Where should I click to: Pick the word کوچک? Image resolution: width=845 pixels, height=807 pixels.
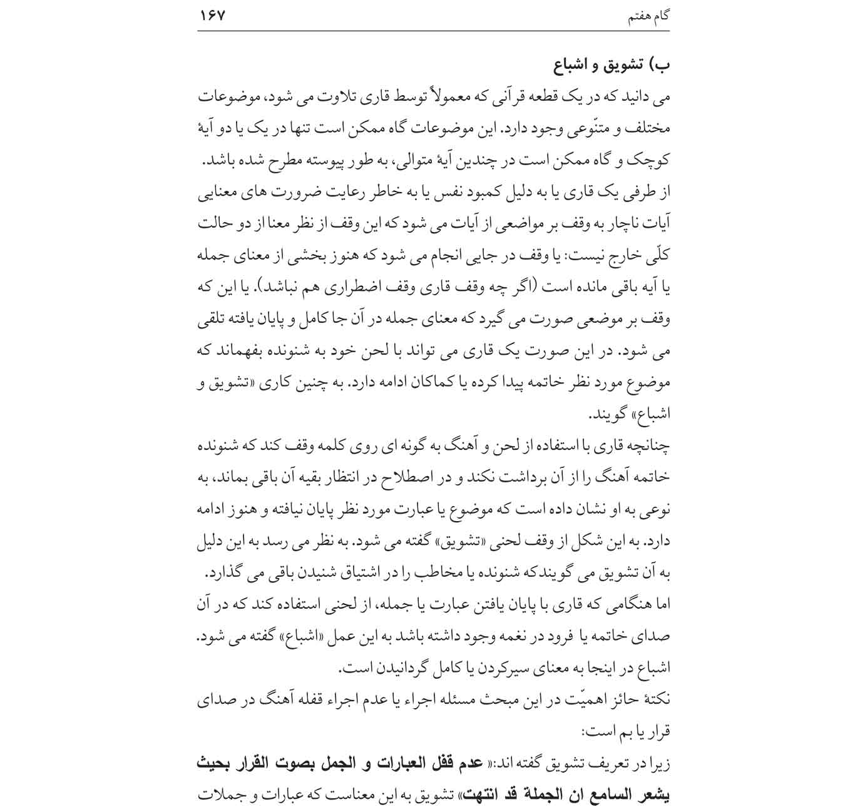click(x=650, y=161)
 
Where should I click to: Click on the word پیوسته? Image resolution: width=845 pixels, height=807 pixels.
click(x=334, y=161)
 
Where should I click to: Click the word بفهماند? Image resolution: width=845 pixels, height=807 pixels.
click(x=240, y=352)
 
